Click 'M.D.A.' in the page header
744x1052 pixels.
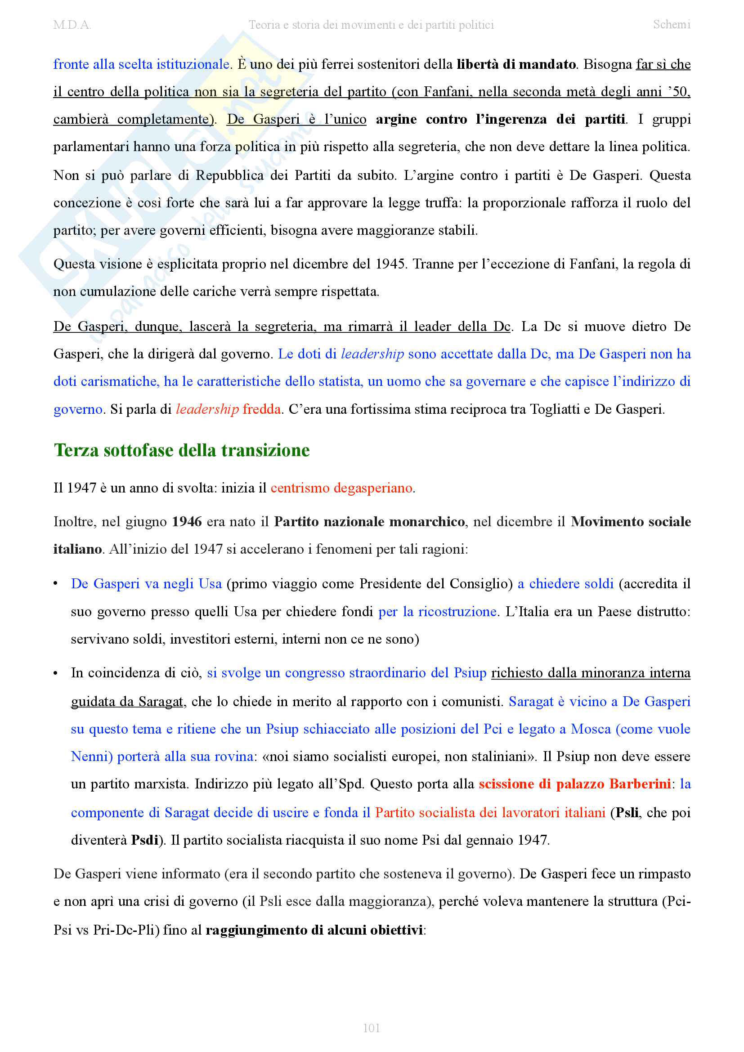(72, 25)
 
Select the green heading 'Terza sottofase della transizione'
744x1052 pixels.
(181, 450)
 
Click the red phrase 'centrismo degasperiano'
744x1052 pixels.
(341, 488)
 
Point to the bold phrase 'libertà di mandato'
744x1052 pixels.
(516, 64)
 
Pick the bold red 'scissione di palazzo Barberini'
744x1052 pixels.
(574, 784)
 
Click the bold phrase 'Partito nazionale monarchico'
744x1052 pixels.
(369, 521)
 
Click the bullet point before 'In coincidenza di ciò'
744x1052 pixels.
(55, 673)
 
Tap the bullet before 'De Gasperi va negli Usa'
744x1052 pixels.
(55, 584)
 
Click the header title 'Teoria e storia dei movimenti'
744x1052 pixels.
(371, 25)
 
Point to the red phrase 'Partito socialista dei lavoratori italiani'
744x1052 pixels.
(490, 812)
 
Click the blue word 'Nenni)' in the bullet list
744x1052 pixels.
(92, 757)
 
